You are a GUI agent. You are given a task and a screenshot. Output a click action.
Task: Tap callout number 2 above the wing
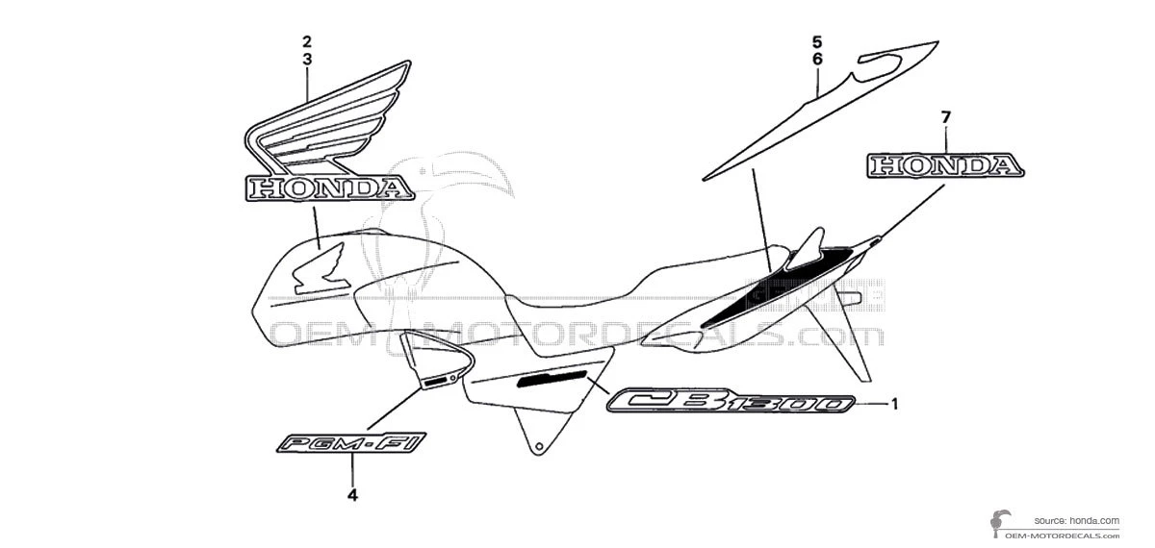point(306,41)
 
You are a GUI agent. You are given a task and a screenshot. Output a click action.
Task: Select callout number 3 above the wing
point(306,59)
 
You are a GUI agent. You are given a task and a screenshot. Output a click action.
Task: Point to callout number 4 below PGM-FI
point(352,496)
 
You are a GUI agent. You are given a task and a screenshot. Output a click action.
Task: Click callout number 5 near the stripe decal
point(816,41)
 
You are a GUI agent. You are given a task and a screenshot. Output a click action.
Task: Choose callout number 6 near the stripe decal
point(816,59)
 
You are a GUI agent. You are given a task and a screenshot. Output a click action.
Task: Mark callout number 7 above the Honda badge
point(945,117)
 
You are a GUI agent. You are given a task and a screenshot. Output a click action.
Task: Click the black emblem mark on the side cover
point(554,378)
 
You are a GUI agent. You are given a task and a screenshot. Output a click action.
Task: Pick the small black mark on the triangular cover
point(439,382)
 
